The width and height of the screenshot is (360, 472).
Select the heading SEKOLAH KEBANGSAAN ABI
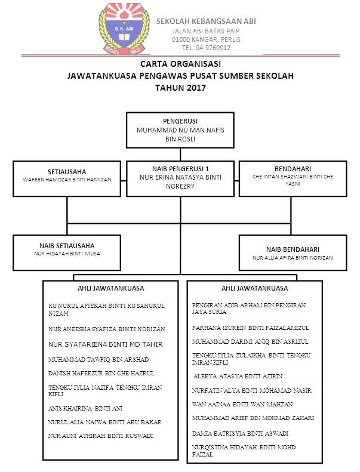(x=206, y=21)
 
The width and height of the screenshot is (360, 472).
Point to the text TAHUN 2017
(x=180, y=87)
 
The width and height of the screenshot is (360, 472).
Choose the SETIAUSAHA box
(x=67, y=178)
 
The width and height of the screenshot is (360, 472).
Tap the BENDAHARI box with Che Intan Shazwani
(x=293, y=178)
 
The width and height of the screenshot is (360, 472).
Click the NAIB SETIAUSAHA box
(x=67, y=252)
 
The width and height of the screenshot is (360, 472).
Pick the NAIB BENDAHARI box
(x=293, y=253)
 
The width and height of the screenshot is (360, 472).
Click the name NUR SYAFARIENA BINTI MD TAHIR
(x=106, y=344)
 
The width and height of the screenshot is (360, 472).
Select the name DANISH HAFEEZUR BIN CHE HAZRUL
(x=101, y=374)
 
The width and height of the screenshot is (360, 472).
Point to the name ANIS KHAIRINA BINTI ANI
(x=85, y=409)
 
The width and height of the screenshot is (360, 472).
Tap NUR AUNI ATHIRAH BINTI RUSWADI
(x=100, y=436)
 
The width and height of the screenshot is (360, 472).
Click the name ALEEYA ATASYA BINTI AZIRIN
(x=238, y=377)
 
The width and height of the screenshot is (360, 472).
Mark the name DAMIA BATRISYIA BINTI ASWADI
(x=240, y=433)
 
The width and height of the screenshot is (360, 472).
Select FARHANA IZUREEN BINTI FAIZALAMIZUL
(x=251, y=328)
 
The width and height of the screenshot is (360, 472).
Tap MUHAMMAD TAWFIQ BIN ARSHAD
(x=99, y=359)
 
